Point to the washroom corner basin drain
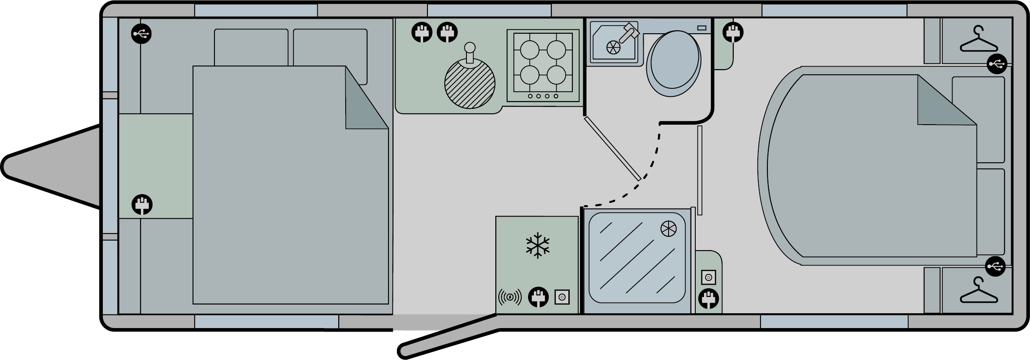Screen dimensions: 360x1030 [612, 47]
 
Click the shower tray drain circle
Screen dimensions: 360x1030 [668, 228]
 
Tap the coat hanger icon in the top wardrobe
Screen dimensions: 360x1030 [978, 41]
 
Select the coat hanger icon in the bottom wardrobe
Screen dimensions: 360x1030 [978, 291]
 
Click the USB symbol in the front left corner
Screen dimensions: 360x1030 [141, 34]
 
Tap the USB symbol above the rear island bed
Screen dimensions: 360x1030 [997, 64]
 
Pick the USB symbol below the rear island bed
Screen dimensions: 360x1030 [995, 266]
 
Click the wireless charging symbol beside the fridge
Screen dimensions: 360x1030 [510, 298]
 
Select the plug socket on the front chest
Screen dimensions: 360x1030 [142, 204]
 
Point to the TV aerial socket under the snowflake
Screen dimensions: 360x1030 [562, 298]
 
